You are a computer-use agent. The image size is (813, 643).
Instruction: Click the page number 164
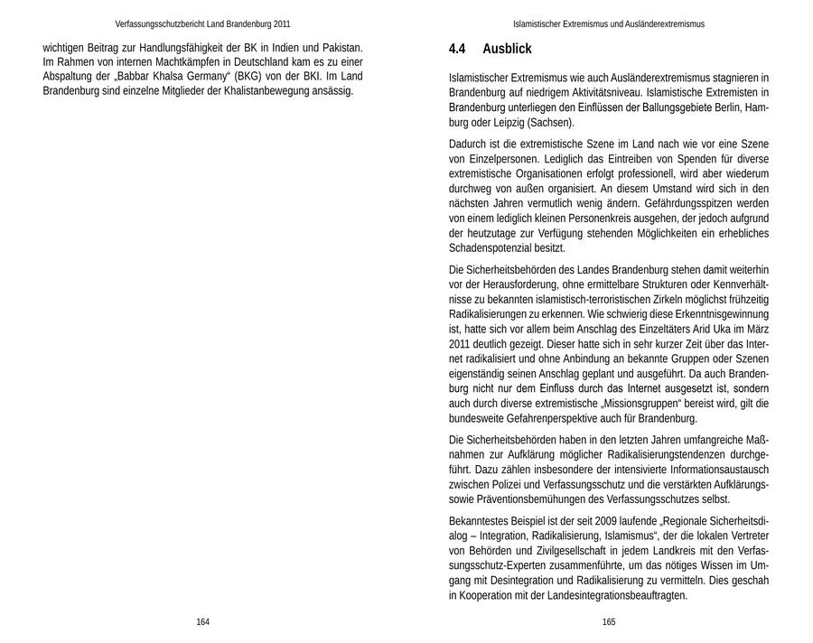pos(202,622)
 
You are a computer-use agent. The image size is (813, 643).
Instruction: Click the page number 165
pos(608,622)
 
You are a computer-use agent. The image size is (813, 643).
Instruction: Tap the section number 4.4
pos(457,49)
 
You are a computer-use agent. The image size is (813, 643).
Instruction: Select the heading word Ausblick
pos(507,49)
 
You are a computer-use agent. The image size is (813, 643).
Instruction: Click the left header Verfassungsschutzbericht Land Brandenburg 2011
pos(203,24)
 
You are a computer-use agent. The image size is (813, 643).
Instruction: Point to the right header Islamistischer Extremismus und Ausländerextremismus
pos(609,24)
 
